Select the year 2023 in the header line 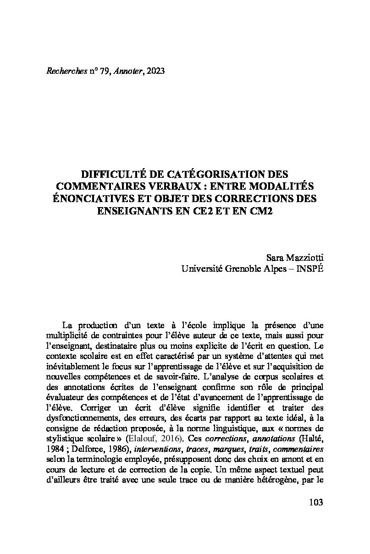(154, 71)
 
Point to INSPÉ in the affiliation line (310, 269)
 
